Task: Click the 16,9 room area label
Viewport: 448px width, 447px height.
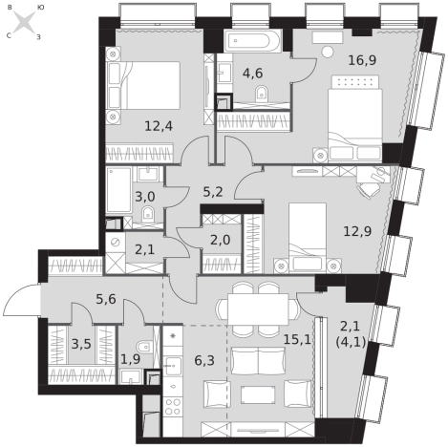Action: pos(362,60)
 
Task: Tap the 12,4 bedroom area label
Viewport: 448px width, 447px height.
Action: pos(159,126)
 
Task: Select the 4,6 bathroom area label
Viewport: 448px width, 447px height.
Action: pos(252,74)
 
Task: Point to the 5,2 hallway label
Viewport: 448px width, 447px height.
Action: pos(213,192)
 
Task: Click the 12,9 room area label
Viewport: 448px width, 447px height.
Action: pos(357,231)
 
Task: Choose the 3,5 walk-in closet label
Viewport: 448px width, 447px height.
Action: pos(81,344)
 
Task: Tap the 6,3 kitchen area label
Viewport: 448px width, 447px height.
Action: pos(204,361)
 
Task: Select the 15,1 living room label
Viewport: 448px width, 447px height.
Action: pos(297,340)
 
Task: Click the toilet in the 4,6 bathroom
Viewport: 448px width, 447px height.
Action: pos(262,94)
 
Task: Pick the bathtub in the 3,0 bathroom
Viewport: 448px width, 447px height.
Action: pos(118,190)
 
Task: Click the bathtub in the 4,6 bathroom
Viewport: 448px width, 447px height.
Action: pos(252,41)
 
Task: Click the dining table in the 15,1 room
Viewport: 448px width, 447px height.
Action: pos(258,309)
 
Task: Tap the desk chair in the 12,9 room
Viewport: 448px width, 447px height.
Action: pos(368,190)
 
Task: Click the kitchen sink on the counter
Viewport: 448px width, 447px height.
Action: pos(173,367)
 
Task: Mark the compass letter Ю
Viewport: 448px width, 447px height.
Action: pos(40,7)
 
